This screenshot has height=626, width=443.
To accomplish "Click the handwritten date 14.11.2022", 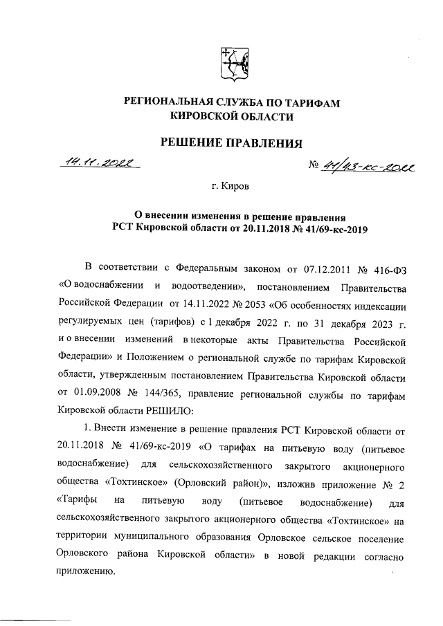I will pyautogui.click(x=100, y=163).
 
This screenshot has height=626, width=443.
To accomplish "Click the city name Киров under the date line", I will pyautogui.click(x=237, y=186).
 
